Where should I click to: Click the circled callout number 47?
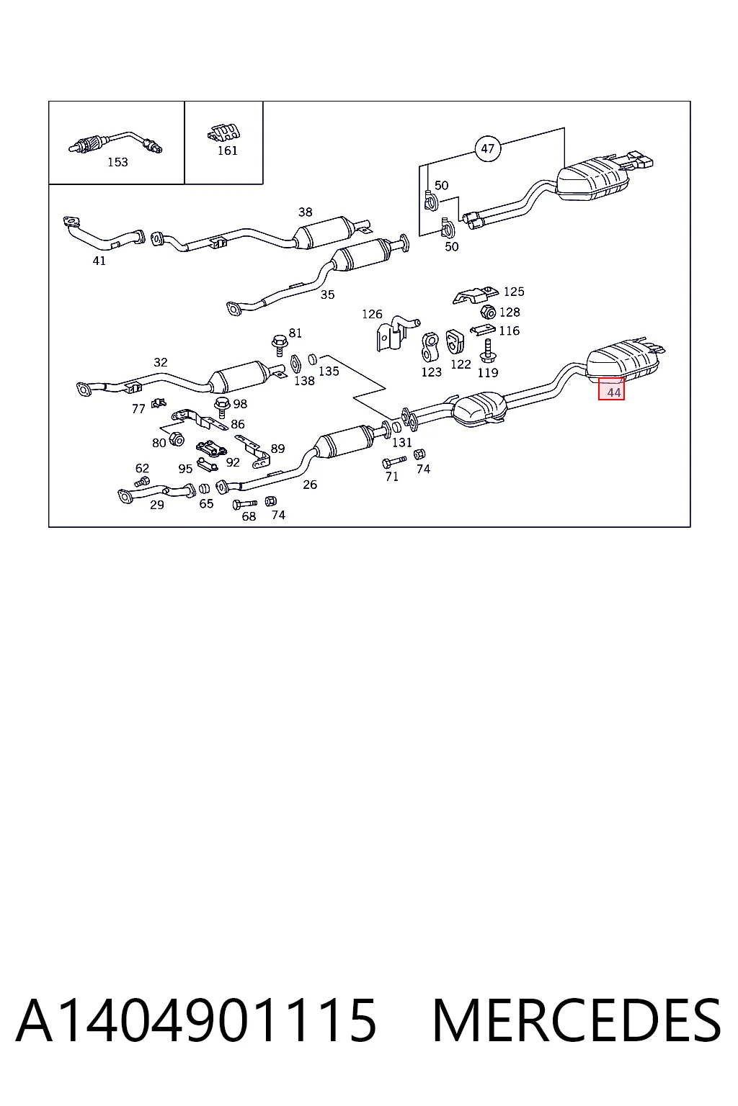pos(487,148)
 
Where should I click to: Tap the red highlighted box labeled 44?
pos(611,389)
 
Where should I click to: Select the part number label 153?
pos(117,163)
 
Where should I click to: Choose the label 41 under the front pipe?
pos(99,261)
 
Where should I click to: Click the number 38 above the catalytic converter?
pos(305,212)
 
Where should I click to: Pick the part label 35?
pos(327,295)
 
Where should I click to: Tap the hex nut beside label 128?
pos(488,312)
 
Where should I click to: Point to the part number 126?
pos(372,314)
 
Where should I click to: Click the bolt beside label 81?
pos(278,345)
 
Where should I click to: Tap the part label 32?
pos(160,362)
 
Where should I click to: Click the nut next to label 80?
pos(177,439)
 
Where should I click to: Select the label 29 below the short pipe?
pos(156,505)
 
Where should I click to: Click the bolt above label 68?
pos(245,504)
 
